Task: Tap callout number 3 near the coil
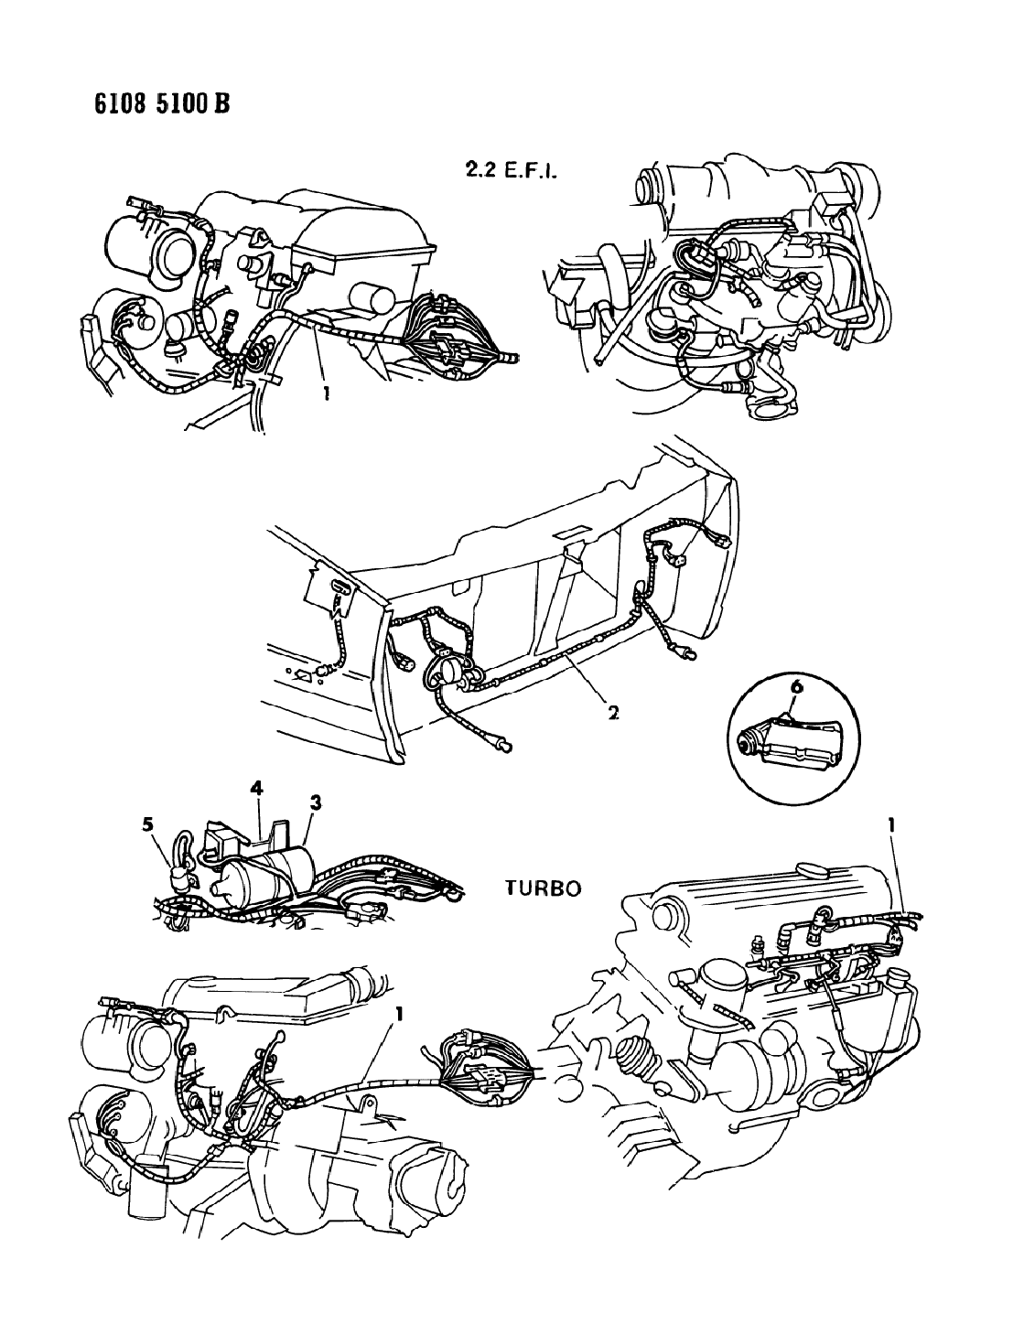(x=316, y=802)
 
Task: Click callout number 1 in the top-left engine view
(x=327, y=392)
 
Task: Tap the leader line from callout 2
(x=584, y=679)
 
